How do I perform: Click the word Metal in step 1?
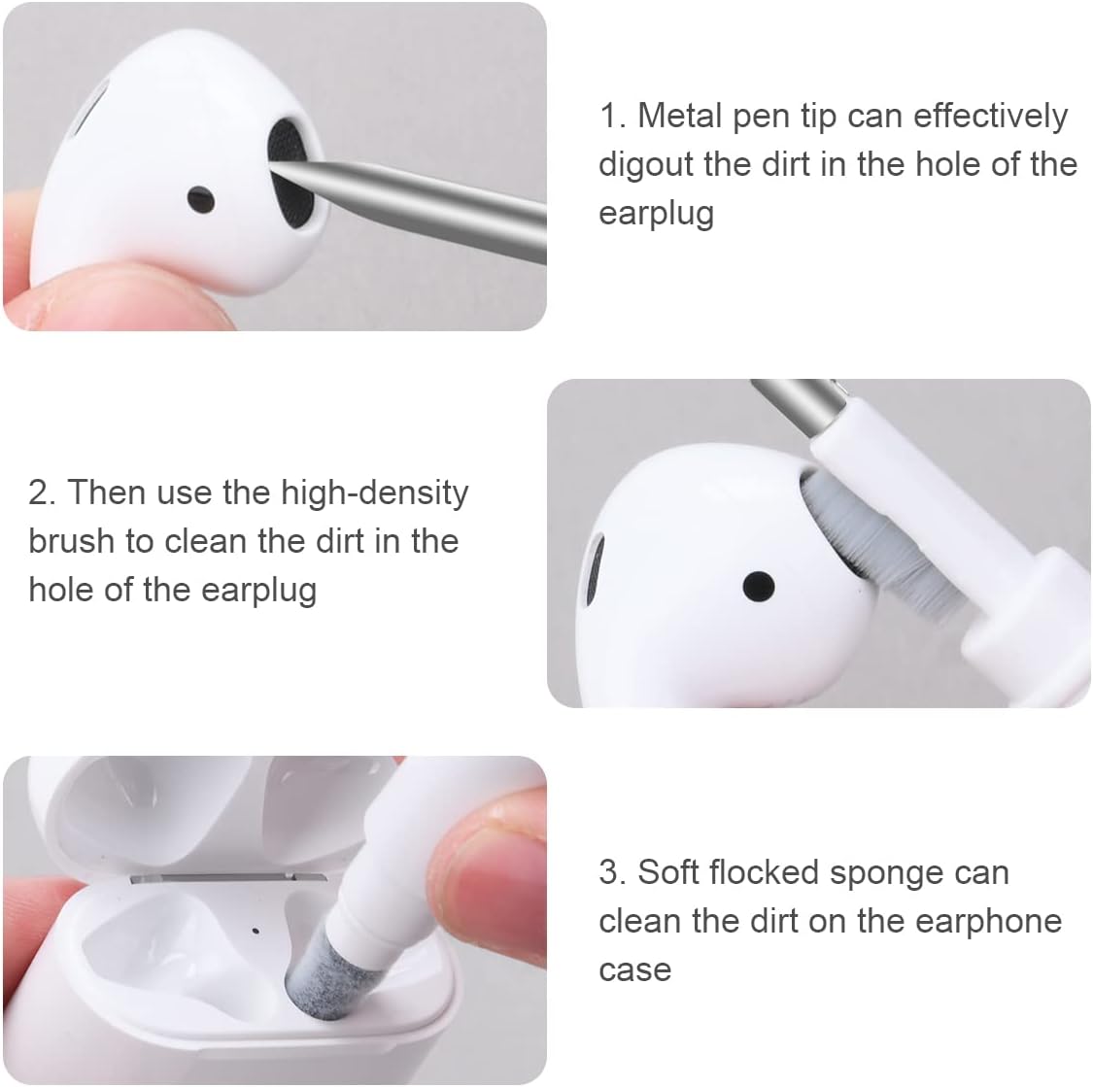(x=679, y=117)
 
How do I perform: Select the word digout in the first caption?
(x=646, y=165)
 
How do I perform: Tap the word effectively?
(x=990, y=117)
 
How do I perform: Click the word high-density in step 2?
(x=374, y=494)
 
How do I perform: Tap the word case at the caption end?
(x=634, y=969)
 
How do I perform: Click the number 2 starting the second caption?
(x=39, y=493)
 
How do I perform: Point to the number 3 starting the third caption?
(x=610, y=873)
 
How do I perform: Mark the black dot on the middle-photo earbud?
(x=758, y=586)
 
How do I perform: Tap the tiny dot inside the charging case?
(x=255, y=931)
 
